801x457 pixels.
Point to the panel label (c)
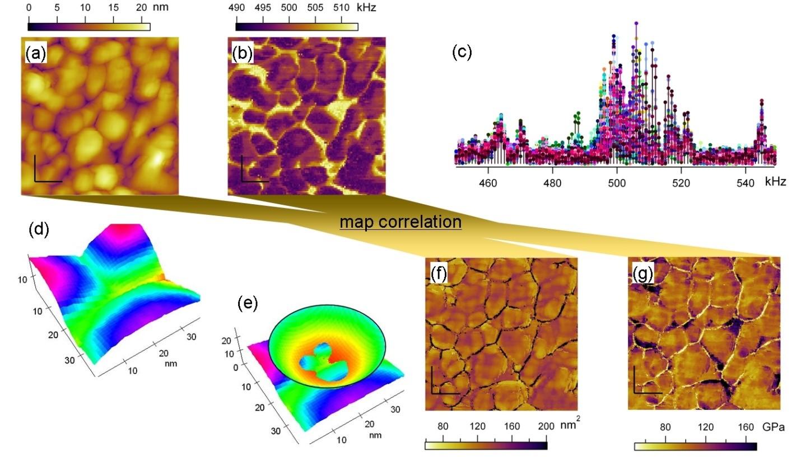click(462, 52)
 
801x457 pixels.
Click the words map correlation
click(400, 222)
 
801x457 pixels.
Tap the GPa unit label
click(772, 427)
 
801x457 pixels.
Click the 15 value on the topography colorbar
click(114, 8)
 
